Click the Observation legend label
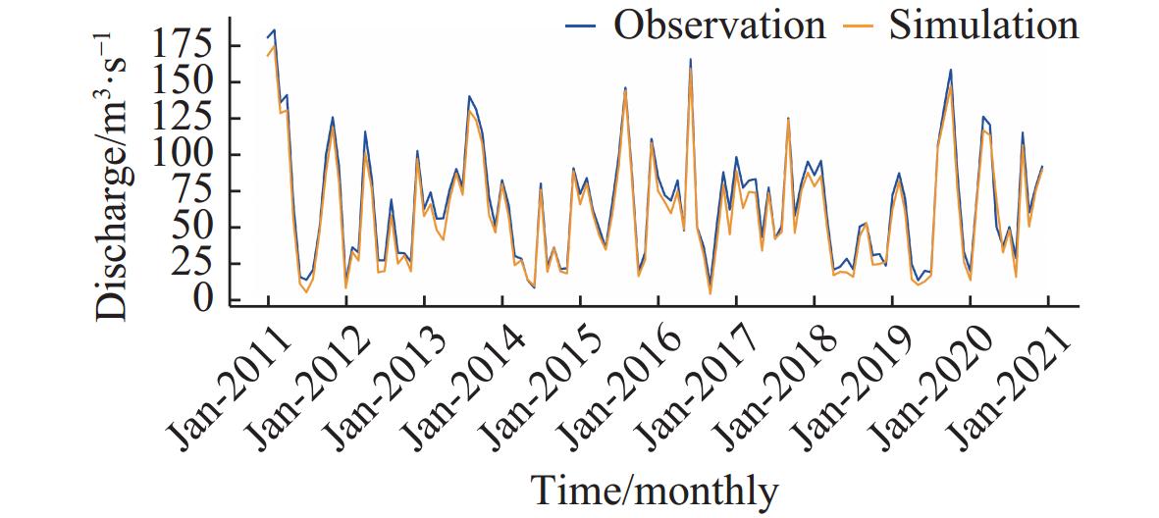point(719,25)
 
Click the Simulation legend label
point(983,25)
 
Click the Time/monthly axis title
point(655,489)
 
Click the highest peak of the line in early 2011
point(274,31)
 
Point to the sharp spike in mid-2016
point(690,61)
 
